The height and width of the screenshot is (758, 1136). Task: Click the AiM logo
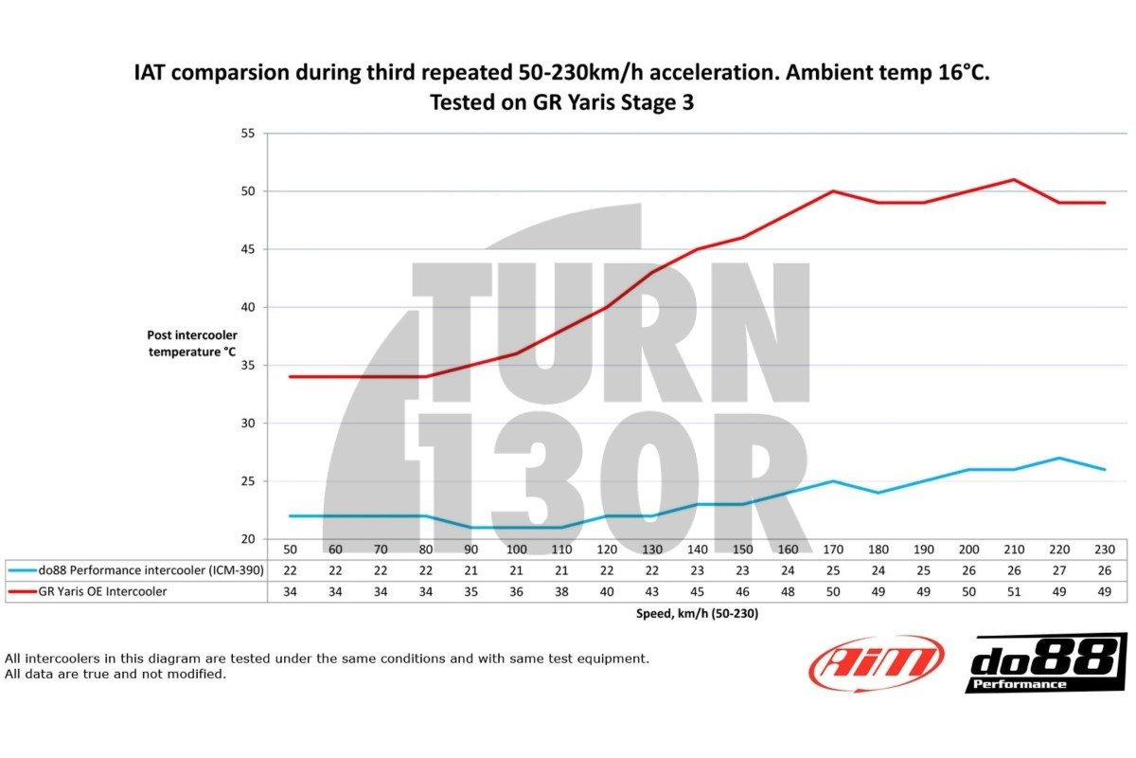point(876,662)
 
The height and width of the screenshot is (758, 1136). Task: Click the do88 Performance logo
point(1046,662)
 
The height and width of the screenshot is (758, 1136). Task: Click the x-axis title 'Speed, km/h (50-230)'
point(696,613)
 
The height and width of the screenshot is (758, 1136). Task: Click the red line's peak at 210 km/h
point(1014,179)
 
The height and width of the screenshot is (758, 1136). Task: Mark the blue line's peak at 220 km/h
point(1059,458)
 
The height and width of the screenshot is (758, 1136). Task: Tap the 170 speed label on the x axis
point(833,550)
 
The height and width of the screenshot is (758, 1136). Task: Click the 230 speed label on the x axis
point(1105,550)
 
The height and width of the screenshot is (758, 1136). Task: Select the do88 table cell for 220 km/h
point(1059,570)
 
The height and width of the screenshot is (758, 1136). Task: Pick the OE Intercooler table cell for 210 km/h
point(1014,590)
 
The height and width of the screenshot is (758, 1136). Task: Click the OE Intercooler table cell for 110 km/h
point(561,590)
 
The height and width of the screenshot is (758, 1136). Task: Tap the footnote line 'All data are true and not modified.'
point(115,674)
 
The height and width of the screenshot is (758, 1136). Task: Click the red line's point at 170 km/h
point(833,190)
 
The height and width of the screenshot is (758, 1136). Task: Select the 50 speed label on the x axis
point(290,550)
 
